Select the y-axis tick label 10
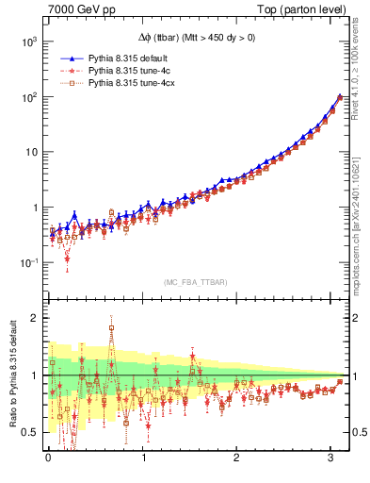[29, 152]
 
